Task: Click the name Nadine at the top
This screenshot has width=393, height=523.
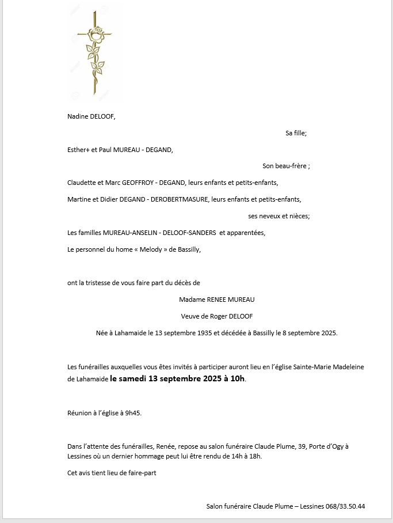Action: [78, 116]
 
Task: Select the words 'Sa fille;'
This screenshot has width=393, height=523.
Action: [296, 133]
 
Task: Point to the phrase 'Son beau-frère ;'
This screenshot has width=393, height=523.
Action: [286, 166]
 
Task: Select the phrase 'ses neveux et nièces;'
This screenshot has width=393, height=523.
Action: [279, 217]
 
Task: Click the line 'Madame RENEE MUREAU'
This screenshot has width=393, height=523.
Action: [216, 300]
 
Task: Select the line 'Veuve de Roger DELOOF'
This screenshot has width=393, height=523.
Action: [216, 316]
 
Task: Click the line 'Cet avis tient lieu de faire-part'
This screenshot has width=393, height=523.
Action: [112, 473]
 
